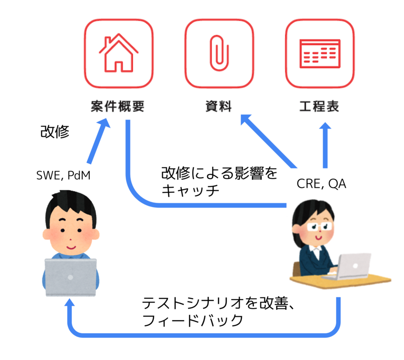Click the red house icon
pos(118,53)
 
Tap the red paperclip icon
pos(219,53)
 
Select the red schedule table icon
pos(320,54)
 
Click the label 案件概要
pos(117,106)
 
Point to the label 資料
pos(218,106)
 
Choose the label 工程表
pos(319,106)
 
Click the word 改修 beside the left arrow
pos(55,132)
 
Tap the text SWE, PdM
pos(63,176)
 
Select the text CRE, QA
pos(321,184)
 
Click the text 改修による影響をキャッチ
pos(219,181)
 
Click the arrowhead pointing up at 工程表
pos(325,126)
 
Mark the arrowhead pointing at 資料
pos(246,119)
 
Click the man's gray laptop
pos(71,277)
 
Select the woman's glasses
pos(319,226)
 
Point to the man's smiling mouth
pos(71,247)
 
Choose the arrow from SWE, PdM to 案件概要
pos(98,142)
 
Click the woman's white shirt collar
pos(316,250)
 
